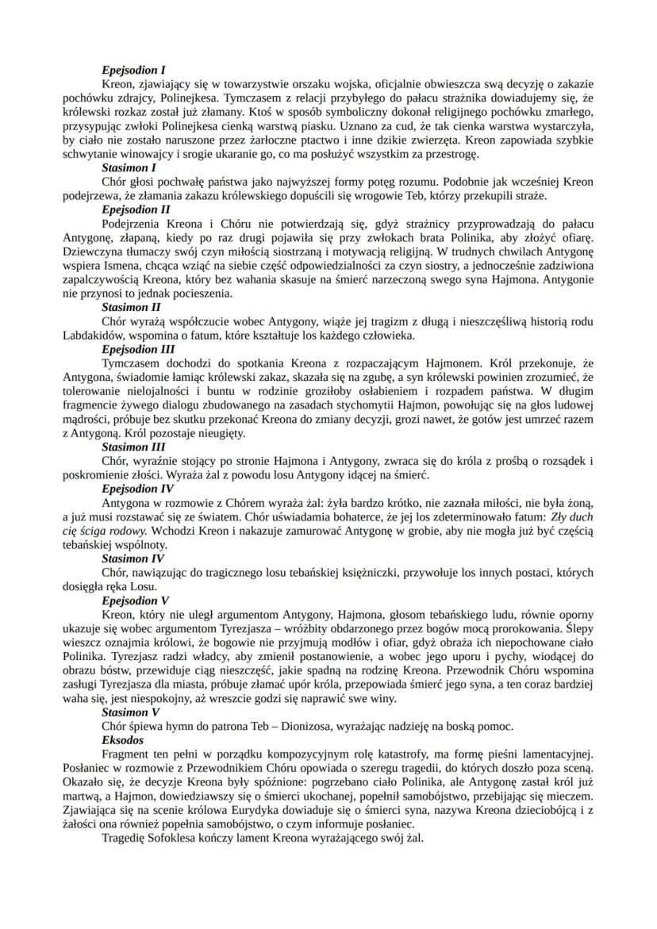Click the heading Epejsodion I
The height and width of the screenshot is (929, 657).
pos(133,70)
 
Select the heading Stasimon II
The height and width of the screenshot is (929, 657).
pos(132,306)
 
